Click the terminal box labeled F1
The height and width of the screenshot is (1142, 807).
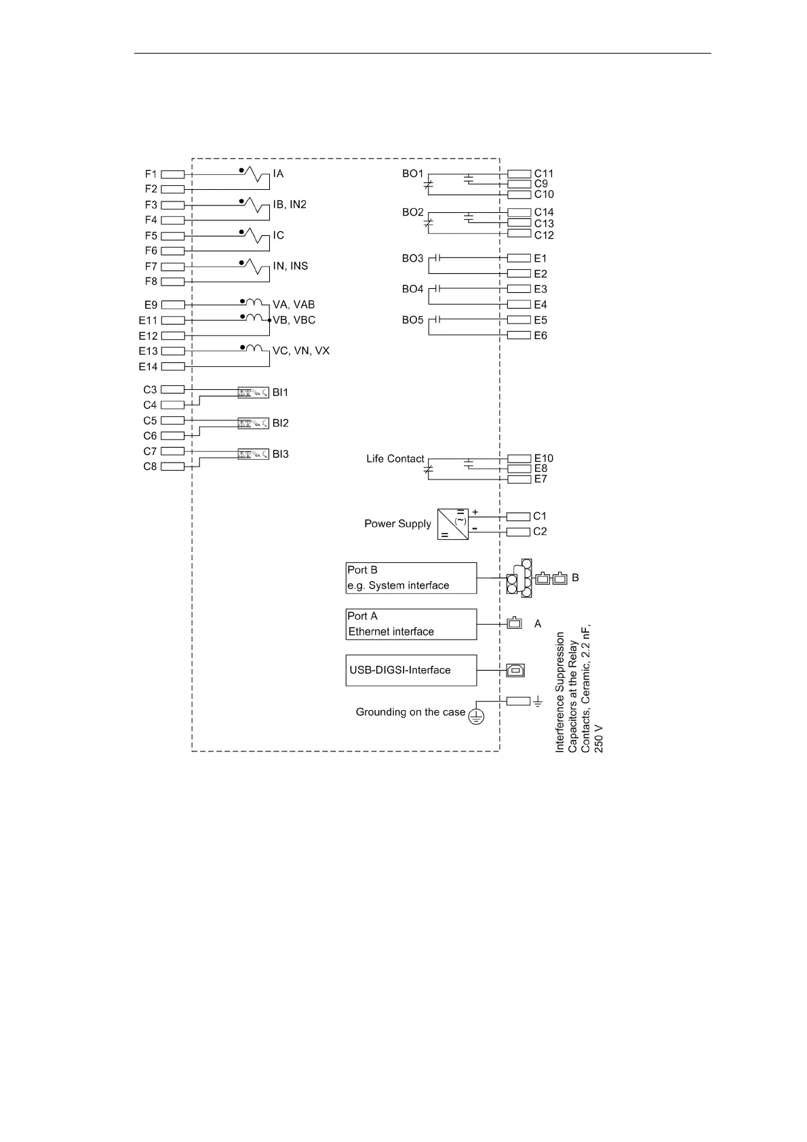(173, 174)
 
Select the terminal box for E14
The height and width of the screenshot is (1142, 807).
(173, 367)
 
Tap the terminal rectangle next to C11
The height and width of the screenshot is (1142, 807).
(519, 174)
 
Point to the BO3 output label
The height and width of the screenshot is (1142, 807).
(412, 258)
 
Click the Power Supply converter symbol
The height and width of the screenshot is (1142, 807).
(453, 524)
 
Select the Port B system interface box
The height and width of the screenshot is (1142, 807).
(411, 578)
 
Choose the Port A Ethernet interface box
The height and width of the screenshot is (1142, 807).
(411, 624)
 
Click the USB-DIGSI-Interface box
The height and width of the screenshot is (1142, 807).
(411, 670)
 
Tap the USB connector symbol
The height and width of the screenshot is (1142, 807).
(515, 671)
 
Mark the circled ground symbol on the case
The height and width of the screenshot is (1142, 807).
(476, 716)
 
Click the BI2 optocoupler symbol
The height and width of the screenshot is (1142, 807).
(253, 423)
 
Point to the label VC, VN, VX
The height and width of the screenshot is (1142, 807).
(301, 351)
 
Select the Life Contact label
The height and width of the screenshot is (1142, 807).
(395, 459)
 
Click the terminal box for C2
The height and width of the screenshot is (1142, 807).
(518, 532)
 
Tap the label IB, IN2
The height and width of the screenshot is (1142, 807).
(290, 205)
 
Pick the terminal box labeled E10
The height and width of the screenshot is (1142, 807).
(519, 459)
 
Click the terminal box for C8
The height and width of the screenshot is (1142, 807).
(173, 467)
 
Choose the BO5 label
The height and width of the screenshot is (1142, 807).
(412, 320)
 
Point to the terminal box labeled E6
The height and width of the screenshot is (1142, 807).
(519, 336)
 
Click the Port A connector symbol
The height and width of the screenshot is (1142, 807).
(515, 623)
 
